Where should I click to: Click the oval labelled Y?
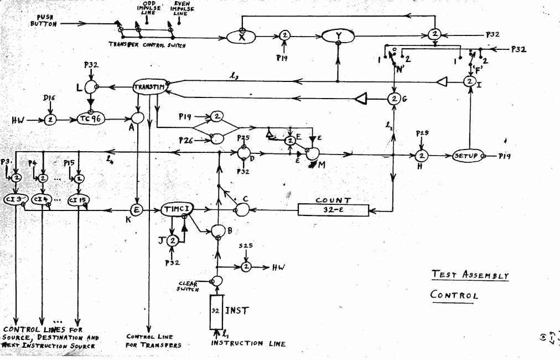pyautogui.click(x=338, y=37)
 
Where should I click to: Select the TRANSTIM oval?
pyautogui.click(x=149, y=86)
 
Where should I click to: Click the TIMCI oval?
pyautogui.click(x=177, y=209)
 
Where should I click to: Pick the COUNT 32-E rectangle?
pyautogui.click(x=333, y=209)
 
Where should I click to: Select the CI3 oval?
pyautogui.click(x=15, y=200)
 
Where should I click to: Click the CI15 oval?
pyautogui.click(x=79, y=200)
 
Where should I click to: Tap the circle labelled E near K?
pyautogui.click(x=136, y=209)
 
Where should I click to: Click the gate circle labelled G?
pyautogui.click(x=394, y=99)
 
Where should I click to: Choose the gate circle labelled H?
pyautogui.click(x=422, y=156)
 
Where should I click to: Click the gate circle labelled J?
pyautogui.click(x=173, y=240)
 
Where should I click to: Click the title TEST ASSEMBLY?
pyautogui.click(x=469, y=275)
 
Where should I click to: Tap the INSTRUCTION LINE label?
pyautogui.click(x=248, y=344)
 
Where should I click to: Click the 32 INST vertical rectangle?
pyautogui.click(x=216, y=311)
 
